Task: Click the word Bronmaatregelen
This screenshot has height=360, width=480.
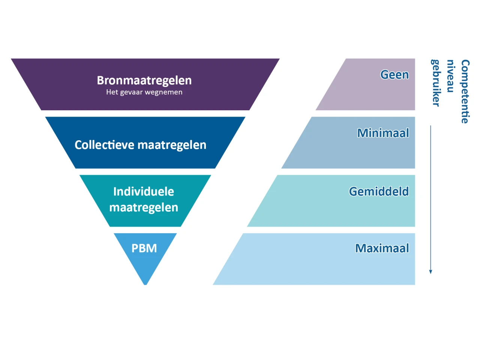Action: point(144,80)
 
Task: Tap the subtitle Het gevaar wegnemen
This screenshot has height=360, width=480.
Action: point(144,92)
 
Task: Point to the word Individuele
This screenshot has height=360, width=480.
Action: point(144,192)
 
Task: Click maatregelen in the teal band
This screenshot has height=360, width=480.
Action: point(144,207)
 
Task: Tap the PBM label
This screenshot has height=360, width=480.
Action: point(144,248)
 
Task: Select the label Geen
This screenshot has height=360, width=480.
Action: point(394,75)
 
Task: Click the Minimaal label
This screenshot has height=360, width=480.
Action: point(383,133)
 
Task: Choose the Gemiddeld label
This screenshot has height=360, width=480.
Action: point(379,192)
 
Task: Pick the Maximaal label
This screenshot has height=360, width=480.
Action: point(382,248)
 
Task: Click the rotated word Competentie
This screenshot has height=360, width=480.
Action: point(465,91)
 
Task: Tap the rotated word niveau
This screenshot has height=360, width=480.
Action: point(450,76)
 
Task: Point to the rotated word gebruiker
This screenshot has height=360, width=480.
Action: point(436,83)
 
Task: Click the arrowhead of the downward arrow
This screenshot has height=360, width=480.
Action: point(430,271)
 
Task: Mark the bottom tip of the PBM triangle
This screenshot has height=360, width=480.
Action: point(145,284)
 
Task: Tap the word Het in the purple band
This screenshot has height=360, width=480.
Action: point(112,92)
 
